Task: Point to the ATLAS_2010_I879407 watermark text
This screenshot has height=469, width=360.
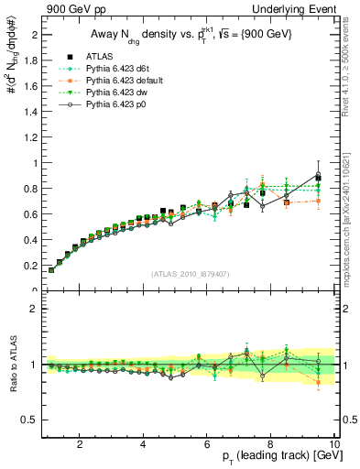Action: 189,273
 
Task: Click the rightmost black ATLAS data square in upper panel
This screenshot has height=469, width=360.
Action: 318,178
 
